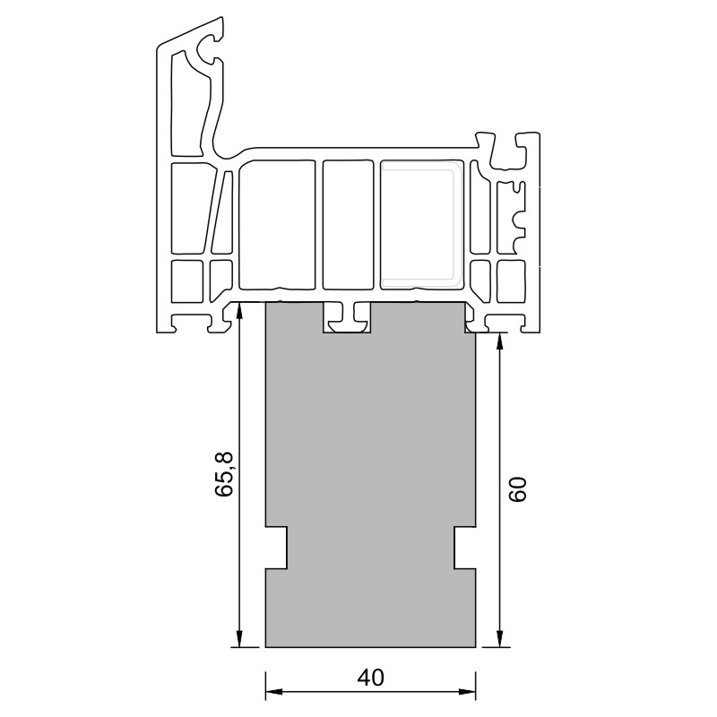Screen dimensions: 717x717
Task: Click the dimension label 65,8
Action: tap(224, 474)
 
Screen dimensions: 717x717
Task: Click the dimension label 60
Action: tap(518, 489)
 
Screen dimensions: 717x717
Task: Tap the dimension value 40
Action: tap(371, 678)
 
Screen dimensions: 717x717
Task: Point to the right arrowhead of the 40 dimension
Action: tap(467, 691)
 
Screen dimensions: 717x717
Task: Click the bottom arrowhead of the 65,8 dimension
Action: tap(239, 638)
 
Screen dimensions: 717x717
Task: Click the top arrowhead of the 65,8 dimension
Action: tap(239, 311)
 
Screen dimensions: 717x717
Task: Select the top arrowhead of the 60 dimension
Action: tap(500, 343)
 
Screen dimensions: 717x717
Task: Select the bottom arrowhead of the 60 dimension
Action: tap(500, 638)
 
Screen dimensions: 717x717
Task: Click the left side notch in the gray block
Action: tap(277, 548)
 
